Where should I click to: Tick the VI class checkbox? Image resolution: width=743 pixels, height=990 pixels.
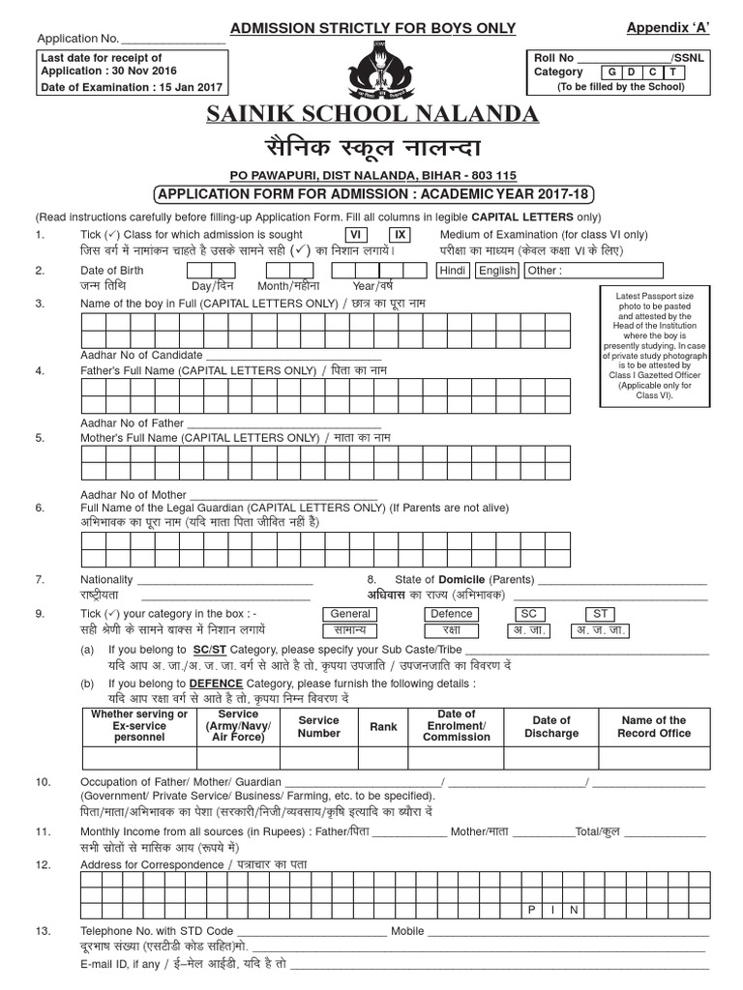tap(355, 235)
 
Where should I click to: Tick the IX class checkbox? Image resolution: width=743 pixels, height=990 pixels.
tap(401, 235)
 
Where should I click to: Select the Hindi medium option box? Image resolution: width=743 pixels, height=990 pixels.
tap(453, 271)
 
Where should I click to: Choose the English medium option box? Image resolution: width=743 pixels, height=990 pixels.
tap(498, 271)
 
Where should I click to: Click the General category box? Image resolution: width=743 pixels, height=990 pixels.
tap(350, 614)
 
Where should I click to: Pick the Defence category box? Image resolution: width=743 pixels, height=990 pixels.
tap(451, 614)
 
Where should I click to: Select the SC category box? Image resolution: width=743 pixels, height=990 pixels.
tap(527, 614)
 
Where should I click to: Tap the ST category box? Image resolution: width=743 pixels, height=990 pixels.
tap(601, 614)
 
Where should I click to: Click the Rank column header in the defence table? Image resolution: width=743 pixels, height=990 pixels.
tap(383, 726)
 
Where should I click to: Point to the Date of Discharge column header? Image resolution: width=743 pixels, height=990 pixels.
tap(551, 726)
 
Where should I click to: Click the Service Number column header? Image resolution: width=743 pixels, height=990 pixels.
tap(318, 726)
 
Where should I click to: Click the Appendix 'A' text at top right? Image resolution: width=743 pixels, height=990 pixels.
tap(669, 27)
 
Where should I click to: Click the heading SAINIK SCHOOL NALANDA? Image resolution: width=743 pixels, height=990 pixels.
tap(371, 115)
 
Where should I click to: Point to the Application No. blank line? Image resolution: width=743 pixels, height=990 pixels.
tap(172, 41)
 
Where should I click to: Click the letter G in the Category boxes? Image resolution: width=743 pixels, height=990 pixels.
tap(612, 73)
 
